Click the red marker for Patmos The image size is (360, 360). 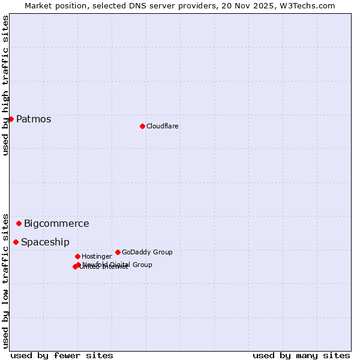(11, 119)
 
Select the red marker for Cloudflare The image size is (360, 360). (142, 126)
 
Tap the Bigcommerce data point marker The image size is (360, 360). (19, 223)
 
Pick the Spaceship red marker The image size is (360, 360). (16, 242)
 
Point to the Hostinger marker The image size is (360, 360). (77, 256)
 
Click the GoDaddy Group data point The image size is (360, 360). (118, 252)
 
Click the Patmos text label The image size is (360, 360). (34, 119)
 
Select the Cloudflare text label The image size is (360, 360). (163, 126)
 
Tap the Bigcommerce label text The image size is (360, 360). (56, 223)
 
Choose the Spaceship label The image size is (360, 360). (45, 242)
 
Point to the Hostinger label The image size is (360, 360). (97, 256)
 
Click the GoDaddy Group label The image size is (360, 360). (147, 252)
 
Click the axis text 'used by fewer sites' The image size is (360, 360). (62, 355)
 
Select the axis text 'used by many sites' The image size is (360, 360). (301, 355)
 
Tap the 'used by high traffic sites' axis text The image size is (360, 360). (5, 85)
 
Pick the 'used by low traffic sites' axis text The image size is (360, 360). (5, 280)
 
